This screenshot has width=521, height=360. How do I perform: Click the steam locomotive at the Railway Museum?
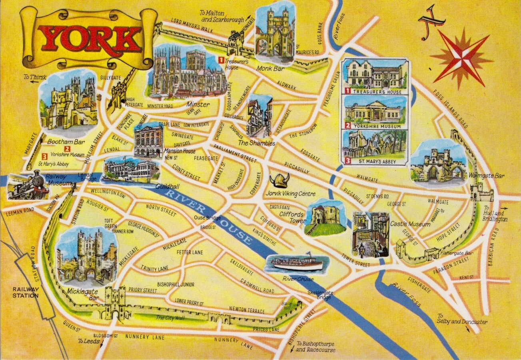tap(28, 186)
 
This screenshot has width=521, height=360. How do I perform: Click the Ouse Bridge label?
tap(205, 218)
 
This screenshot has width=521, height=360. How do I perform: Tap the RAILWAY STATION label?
tap(25, 292)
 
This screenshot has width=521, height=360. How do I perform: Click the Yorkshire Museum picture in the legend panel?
tap(375, 112)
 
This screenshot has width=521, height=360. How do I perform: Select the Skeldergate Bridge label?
tap(320, 295)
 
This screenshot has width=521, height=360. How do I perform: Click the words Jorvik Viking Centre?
tap(290, 194)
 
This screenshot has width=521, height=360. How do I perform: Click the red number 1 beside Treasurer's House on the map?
tap(220, 60)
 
